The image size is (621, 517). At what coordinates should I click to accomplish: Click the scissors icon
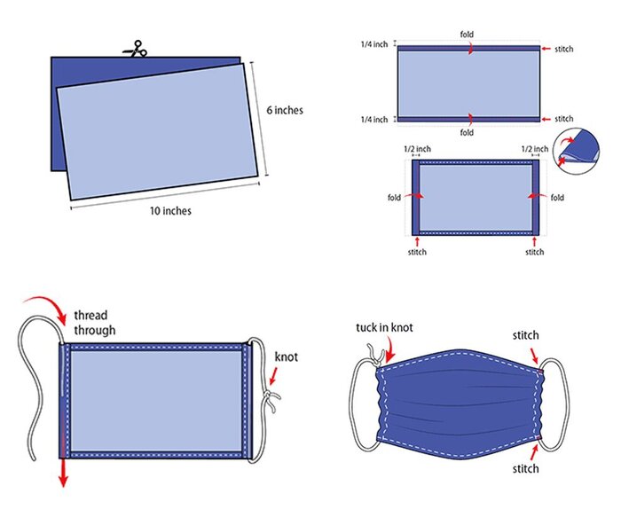point(135,49)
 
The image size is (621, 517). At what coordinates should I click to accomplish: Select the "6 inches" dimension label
point(285,110)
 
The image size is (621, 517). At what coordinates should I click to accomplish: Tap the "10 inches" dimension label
point(170,210)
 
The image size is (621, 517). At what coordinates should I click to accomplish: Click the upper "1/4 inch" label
point(373,44)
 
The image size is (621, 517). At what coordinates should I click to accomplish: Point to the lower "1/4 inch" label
point(373,119)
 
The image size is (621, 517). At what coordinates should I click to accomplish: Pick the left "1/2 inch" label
point(417,149)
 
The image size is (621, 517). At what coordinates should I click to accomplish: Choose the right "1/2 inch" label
point(535,149)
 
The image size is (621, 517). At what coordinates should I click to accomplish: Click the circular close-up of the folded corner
point(577,151)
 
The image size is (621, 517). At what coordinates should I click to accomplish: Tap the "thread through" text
point(95,323)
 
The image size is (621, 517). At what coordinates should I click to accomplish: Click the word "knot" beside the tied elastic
point(286,356)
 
